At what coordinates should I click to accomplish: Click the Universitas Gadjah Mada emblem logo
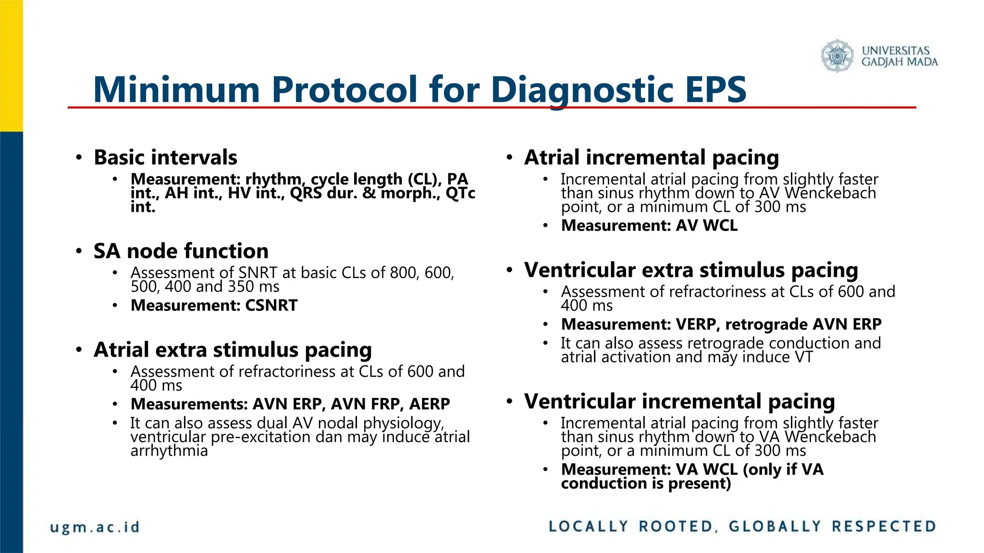point(837,56)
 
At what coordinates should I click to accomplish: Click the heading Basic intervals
point(165,157)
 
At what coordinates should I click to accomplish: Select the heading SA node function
point(181,251)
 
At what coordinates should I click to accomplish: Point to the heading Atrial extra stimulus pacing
point(233,350)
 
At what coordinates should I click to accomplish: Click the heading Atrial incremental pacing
point(651,157)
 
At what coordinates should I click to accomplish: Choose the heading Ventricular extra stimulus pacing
point(690,270)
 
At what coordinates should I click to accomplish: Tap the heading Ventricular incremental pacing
point(679,401)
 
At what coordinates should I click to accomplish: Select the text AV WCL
point(706,226)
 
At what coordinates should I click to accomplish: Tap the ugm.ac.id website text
point(95,527)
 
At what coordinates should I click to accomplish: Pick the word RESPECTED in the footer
point(884,527)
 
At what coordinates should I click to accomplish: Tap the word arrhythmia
point(169,451)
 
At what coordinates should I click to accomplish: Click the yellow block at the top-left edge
point(11,65)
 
